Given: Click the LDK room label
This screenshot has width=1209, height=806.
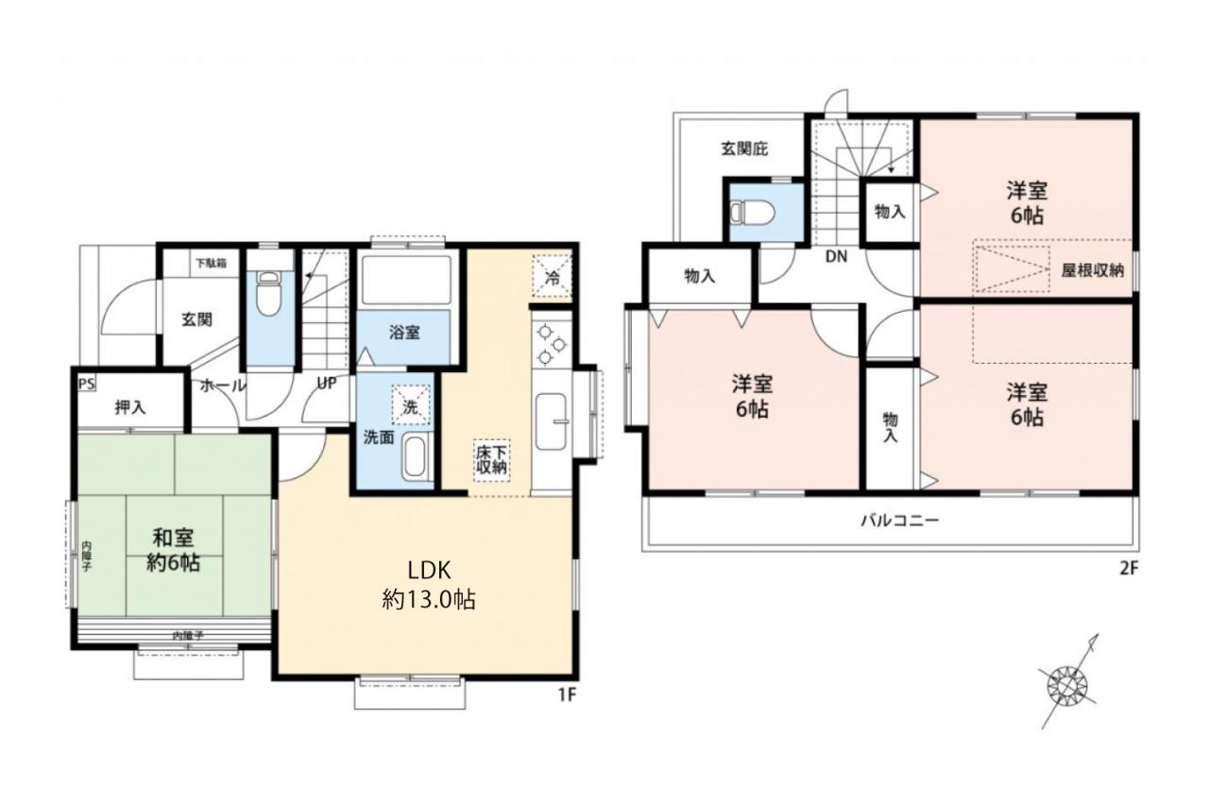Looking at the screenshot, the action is click(x=429, y=585).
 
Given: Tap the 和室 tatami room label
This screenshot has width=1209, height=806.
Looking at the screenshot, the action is click(x=173, y=550).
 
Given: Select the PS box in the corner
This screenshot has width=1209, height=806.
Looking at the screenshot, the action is click(x=87, y=384).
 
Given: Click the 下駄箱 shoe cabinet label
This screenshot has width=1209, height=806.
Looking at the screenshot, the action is click(x=211, y=264).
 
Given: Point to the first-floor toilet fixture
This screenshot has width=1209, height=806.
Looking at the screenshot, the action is click(x=267, y=293).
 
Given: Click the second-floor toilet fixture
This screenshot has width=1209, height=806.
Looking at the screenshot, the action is click(x=752, y=213).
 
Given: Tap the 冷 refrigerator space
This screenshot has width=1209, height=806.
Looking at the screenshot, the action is click(x=553, y=276).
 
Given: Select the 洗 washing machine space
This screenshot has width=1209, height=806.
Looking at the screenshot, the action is click(x=411, y=404).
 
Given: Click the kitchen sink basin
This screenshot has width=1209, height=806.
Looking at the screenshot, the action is click(x=551, y=422).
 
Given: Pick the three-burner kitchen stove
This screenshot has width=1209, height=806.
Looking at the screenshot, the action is click(x=552, y=343).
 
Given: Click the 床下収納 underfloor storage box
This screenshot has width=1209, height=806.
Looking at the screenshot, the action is click(x=491, y=460).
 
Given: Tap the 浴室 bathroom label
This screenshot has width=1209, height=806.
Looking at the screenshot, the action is click(x=404, y=333).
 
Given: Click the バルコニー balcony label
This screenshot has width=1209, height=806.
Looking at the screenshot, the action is click(x=900, y=521).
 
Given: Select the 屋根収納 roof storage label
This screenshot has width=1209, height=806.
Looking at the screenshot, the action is click(x=1093, y=270).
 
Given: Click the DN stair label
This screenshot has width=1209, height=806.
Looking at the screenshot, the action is click(x=836, y=257).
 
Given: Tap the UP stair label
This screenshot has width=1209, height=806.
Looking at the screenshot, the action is click(x=327, y=384).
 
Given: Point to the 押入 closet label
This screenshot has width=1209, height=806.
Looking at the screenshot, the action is click(x=130, y=407).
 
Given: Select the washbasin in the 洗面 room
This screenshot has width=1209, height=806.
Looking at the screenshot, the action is click(x=414, y=457).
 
